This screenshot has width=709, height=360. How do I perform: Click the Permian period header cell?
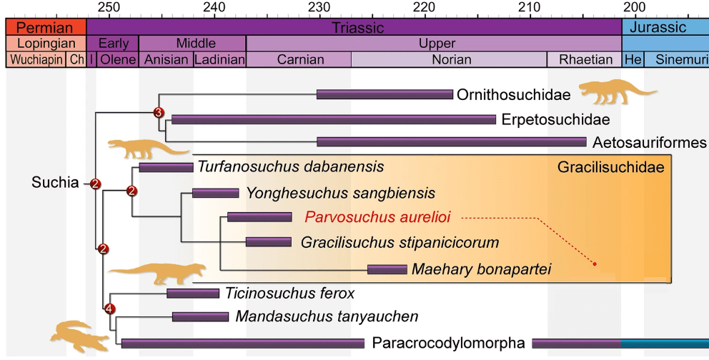click(x=45, y=28)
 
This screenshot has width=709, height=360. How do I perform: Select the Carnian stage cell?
click(x=299, y=60)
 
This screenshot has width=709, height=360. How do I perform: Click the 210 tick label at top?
click(x=529, y=8)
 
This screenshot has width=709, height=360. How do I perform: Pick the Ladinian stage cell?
click(x=219, y=60)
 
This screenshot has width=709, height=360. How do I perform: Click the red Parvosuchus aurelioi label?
click(x=381, y=216)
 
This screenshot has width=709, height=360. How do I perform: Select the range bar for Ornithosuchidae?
click(x=385, y=94)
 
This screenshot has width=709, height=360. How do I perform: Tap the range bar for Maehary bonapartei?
click(x=387, y=269)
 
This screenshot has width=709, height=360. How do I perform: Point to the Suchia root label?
click(x=54, y=183)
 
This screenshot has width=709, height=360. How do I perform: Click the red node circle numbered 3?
click(x=159, y=112)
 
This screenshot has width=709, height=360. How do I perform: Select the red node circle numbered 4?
click(x=109, y=309)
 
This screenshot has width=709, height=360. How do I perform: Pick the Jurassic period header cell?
click(x=665, y=28)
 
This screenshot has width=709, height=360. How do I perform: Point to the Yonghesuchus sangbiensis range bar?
click(x=215, y=193)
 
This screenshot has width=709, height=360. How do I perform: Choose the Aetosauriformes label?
click(x=649, y=143)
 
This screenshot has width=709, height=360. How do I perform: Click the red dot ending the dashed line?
click(x=595, y=265)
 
